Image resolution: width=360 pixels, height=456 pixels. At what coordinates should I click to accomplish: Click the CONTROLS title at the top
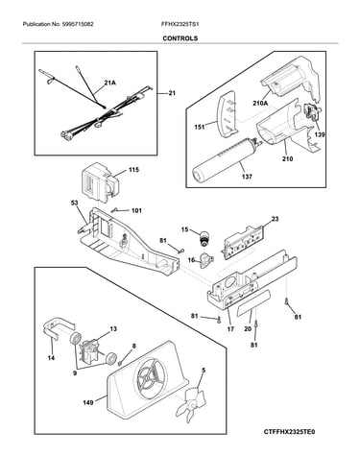pos(180,38)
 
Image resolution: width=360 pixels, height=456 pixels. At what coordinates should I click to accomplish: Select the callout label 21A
pos(109,83)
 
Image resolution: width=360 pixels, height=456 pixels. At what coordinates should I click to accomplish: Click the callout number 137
pos(247,177)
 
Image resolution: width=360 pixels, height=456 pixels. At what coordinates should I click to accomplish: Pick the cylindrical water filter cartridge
pos(225,160)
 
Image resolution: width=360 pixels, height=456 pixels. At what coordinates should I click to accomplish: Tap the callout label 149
pos(88,402)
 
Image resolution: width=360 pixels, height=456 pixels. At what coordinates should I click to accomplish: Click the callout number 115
pos(133,170)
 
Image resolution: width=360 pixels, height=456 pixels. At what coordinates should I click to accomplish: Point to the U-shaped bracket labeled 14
pos(58,328)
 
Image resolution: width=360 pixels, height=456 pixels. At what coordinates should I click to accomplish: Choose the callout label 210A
pos(259,102)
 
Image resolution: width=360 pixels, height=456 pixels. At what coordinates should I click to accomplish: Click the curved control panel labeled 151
pos(228,114)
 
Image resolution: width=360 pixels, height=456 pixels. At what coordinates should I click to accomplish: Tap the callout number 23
pos(275,219)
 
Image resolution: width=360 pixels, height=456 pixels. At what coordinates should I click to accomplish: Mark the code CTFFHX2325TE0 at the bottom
pos(289,432)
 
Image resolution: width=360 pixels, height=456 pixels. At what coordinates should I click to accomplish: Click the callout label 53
pos(74,203)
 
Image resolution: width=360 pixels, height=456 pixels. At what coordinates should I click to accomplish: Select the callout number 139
pos(319,134)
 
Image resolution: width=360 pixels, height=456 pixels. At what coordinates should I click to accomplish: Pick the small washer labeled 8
pos(120,363)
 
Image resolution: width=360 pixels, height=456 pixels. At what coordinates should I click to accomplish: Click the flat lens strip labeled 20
pos(253,303)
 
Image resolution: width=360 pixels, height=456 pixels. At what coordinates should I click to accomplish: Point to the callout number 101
pos(136,210)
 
